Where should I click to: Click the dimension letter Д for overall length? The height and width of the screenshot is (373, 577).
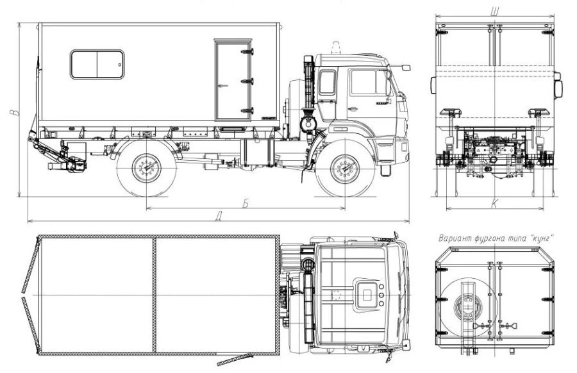[x=219, y=216]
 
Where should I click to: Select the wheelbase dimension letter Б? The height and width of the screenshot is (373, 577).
[x=246, y=203]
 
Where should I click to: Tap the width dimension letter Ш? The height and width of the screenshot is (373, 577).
[x=494, y=12]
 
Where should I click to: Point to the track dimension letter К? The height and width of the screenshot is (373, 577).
[x=494, y=203]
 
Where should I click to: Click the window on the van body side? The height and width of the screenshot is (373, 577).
[x=97, y=64]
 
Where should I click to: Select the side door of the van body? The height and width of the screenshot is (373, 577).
[x=233, y=79]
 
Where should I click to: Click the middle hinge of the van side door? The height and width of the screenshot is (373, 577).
[x=247, y=81]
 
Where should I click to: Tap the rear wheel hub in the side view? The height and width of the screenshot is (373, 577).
[x=146, y=168]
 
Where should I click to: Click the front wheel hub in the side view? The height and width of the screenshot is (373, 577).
[x=345, y=169]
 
